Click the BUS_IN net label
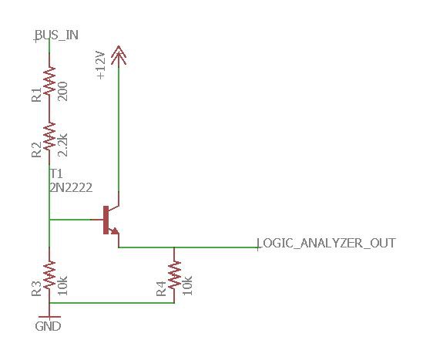click(57, 35)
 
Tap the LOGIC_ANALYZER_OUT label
click(327, 243)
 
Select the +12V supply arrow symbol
click(119, 56)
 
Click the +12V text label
click(100, 65)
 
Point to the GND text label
click(48, 326)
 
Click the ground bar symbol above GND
click(49, 317)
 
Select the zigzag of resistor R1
click(49, 80)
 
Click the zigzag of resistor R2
click(49, 136)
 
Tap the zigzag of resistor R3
click(49, 274)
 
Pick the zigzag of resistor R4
click(174, 274)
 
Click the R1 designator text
click(37, 95)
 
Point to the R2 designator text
click(37, 150)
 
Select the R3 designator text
click(37, 289)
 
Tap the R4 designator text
click(161, 289)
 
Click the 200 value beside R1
click(63, 92)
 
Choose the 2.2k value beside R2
click(63, 145)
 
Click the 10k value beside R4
click(187, 285)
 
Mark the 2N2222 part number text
click(71, 188)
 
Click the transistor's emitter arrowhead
click(115, 230)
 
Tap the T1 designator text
click(56, 173)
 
